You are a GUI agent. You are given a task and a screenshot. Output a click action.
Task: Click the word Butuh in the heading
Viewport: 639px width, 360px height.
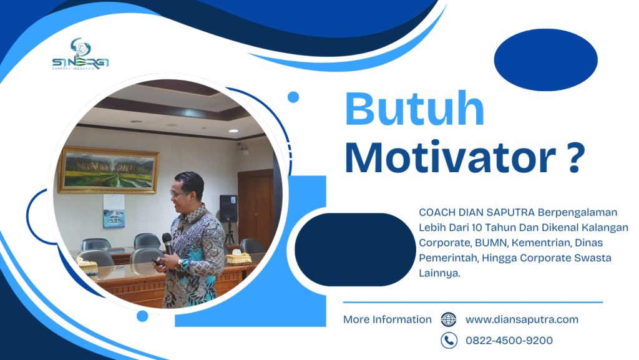414,110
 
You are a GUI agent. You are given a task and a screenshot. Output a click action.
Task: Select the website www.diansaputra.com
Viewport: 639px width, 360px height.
522,319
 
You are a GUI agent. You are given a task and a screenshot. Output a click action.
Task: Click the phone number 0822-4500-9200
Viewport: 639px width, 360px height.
509,340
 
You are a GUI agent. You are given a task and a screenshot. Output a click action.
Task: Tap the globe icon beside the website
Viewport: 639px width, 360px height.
449,319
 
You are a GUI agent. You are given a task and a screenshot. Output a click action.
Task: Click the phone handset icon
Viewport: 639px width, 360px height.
449,340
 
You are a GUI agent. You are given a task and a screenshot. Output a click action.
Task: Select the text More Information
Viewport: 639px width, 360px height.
388,319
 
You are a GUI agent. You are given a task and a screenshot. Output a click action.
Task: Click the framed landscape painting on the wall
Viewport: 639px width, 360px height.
108,170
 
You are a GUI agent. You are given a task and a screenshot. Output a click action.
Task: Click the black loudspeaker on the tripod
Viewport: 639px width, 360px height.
228,208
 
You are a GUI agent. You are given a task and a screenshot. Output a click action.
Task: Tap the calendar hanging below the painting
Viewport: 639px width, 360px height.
114,210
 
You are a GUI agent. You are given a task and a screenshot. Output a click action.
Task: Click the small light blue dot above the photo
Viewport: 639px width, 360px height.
293,97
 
